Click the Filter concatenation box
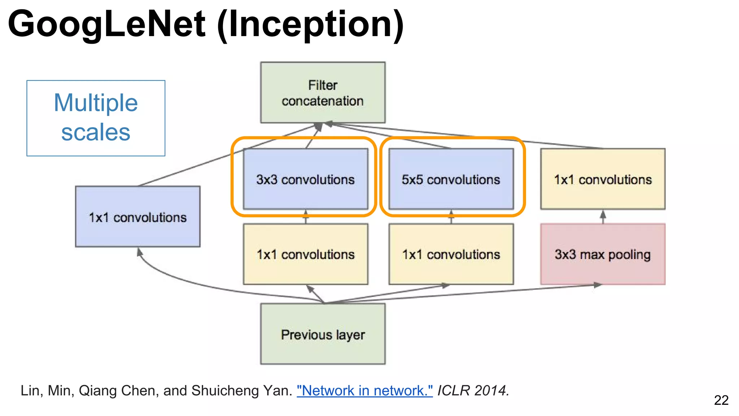point(323,92)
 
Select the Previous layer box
point(323,334)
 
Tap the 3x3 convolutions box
point(305,179)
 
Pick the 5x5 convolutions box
point(451,179)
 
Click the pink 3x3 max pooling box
point(603,254)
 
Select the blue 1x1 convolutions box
point(137,217)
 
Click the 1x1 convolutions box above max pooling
point(603,179)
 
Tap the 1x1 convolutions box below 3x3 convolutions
point(305,254)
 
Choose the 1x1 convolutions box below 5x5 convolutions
point(451,254)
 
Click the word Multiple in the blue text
point(96,103)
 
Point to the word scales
point(96,132)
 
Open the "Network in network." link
point(364,391)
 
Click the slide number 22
point(721,400)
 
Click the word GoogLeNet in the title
point(107,25)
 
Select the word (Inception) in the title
point(310,25)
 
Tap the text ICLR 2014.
point(473,391)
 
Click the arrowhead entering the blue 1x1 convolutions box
point(140,252)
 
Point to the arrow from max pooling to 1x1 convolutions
point(603,216)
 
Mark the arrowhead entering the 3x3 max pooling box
point(597,285)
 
